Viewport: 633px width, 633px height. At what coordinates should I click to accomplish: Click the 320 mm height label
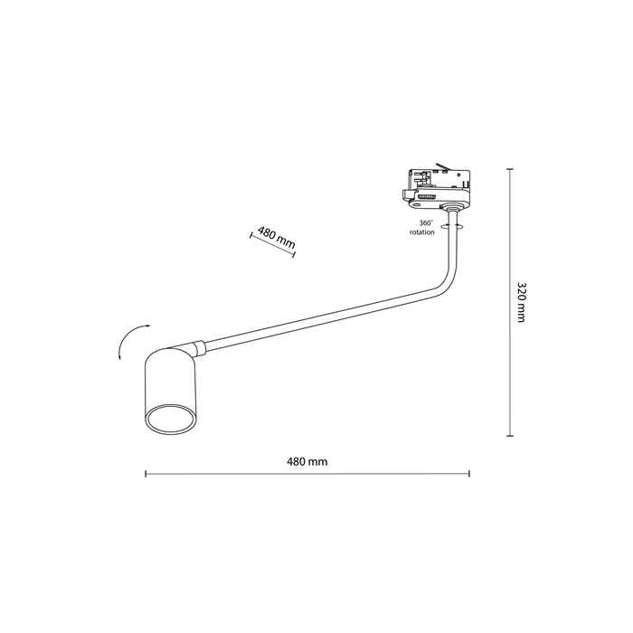click(521, 302)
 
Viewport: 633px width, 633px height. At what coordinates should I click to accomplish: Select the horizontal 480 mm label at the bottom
click(307, 461)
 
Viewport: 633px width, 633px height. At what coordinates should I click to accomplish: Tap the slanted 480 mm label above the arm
click(277, 238)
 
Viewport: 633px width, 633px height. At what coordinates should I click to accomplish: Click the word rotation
click(422, 232)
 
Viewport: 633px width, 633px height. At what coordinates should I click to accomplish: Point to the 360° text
click(426, 222)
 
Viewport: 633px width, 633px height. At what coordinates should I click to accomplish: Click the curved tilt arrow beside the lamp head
click(131, 340)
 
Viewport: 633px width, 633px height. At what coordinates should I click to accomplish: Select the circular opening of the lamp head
click(171, 418)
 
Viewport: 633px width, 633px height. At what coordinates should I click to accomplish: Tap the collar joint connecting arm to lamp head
click(199, 348)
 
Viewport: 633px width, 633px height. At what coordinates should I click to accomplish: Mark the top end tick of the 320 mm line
click(510, 169)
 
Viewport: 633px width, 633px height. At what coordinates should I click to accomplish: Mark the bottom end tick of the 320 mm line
click(510, 436)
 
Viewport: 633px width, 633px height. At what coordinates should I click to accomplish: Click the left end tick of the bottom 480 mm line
click(146, 474)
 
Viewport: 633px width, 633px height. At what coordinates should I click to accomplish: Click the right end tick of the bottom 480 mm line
click(469, 474)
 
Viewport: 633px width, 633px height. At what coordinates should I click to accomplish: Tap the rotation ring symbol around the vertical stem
click(452, 226)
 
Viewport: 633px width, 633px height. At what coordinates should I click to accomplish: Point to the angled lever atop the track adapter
click(442, 166)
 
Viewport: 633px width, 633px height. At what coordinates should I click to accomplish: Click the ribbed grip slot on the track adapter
click(427, 196)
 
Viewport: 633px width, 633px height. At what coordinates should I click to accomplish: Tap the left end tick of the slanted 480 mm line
click(251, 236)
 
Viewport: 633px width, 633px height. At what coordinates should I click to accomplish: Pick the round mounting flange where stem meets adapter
click(452, 208)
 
